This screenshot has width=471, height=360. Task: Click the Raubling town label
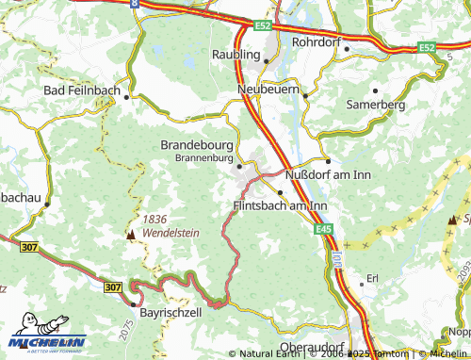tap(235, 55)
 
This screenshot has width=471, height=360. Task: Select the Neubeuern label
tap(268, 88)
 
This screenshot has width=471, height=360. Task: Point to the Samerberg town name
tap(376, 105)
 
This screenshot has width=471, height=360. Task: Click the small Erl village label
tap(372, 279)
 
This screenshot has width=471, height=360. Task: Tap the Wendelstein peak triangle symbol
tap(131, 232)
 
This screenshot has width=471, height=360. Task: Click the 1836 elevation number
tap(155, 218)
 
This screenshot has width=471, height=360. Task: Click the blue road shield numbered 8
tap(135, 4)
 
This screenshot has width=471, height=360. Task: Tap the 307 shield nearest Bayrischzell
tap(114, 286)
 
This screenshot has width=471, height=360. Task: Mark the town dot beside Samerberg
tap(376, 91)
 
